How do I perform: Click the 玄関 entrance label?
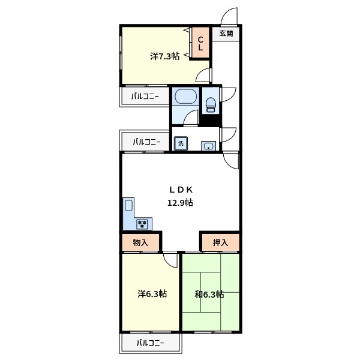coord(226,34)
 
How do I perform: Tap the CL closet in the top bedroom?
coord(200,43)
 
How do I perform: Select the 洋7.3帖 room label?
coord(164,56)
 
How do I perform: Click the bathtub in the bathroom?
coord(185,97)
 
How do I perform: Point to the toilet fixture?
coord(211,104)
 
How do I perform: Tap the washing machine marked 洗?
coord(181,143)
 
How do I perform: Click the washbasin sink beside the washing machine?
coord(208,146)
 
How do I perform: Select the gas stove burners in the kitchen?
coord(142,224)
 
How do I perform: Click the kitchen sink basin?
coord(128,205)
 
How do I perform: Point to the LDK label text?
coord(181,190)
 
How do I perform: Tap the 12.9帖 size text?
coord(180,203)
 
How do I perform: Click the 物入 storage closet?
coord(140,242)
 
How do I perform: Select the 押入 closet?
coord(221,242)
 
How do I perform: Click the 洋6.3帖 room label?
coord(152,294)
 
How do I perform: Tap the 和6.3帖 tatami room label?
coord(209,295)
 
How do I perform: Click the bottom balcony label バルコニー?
coord(151,343)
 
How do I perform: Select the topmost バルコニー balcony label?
coord(145,97)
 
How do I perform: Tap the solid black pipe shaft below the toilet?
coord(211,120)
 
